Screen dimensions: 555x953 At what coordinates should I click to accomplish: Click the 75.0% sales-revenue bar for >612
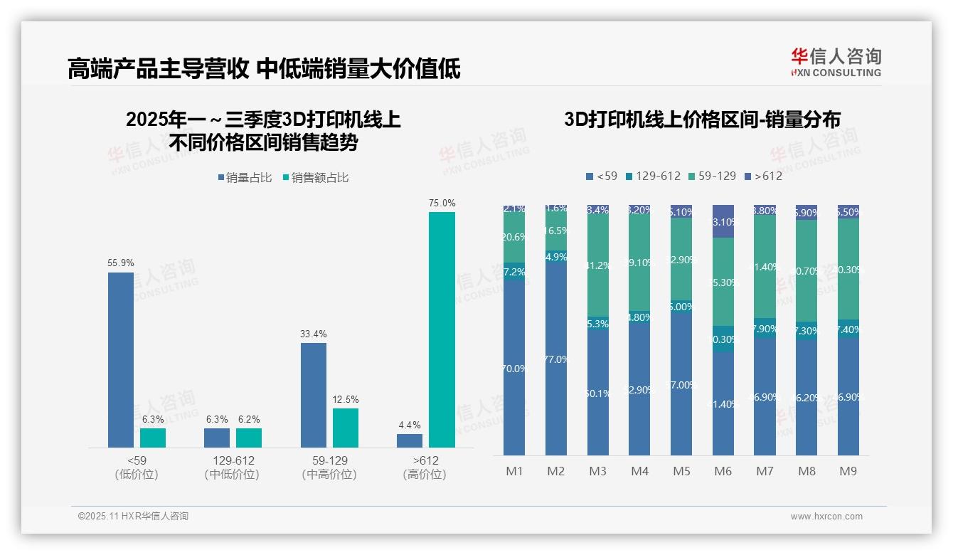click(x=442, y=329)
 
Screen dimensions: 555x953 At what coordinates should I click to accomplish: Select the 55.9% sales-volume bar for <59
click(x=121, y=359)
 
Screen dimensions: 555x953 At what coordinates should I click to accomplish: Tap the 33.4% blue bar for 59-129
click(x=314, y=395)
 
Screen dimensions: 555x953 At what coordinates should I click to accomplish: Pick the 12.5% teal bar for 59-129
click(x=346, y=428)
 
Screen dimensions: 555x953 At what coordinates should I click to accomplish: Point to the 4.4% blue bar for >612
click(x=410, y=440)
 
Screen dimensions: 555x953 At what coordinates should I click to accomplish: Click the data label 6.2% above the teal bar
click(x=249, y=420)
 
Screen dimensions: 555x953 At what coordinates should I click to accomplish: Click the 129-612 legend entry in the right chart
click(x=652, y=176)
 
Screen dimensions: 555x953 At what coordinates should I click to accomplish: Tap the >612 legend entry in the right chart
click(x=763, y=176)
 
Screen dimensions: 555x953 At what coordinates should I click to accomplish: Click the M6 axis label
click(x=723, y=471)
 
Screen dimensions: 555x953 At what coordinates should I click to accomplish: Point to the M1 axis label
click(x=514, y=471)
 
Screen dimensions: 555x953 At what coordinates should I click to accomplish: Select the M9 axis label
click(x=848, y=471)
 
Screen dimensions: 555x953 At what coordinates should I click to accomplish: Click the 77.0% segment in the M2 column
click(x=556, y=359)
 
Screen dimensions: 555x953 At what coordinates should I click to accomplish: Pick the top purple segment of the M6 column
click(x=723, y=221)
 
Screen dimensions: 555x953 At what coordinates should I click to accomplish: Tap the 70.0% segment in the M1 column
click(x=514, y=368)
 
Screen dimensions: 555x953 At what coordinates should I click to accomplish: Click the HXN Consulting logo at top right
click(x=836, y=62)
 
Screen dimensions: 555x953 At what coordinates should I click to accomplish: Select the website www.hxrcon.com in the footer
click(x=826, y=517)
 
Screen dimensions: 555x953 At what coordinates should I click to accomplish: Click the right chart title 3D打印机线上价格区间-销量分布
click(x=702, y=119)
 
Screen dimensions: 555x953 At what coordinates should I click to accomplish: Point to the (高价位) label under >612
click(x=425, y=475)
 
